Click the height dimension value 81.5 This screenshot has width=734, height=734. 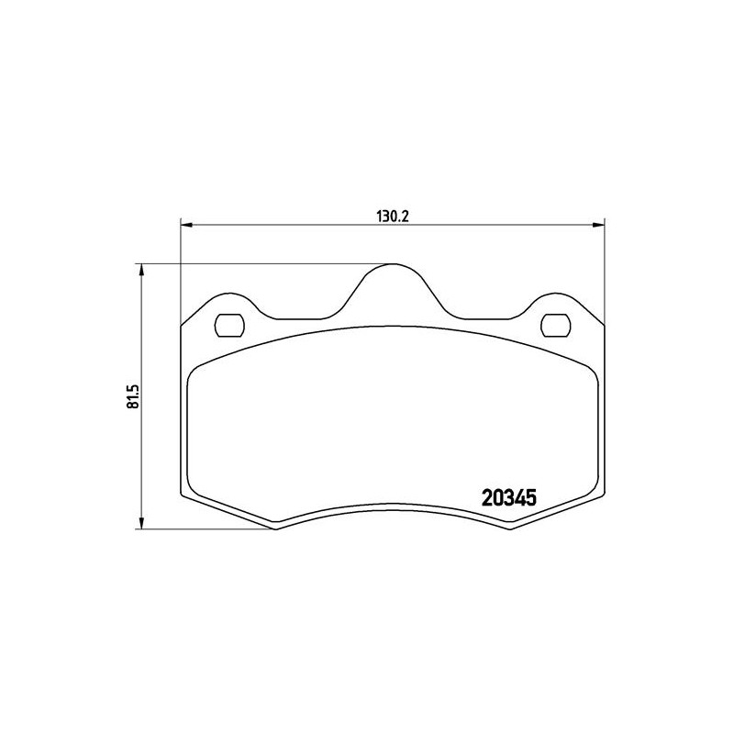pyautogui.click(x=133, y=396)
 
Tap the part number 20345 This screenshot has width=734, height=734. pyautogui.click(x=508, y=498)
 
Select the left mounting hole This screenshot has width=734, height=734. pyautogui.click(x=229, y=326)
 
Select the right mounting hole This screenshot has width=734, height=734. pyautogui.click(x=556, y=326)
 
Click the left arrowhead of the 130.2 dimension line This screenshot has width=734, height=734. pyautogui.click(x=187, y=226)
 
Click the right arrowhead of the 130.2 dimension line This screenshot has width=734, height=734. pyautogui.click(x=598, y=226)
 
